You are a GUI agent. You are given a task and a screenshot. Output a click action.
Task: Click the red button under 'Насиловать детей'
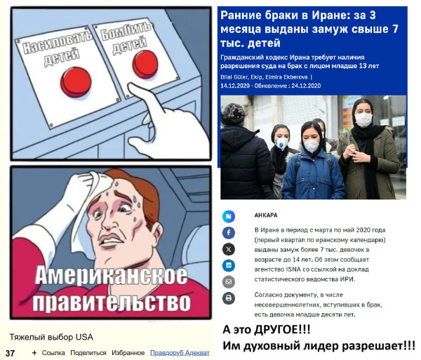76,81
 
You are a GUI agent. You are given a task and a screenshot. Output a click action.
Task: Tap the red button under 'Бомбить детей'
145,64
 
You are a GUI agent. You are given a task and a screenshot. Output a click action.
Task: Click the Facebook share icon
229,232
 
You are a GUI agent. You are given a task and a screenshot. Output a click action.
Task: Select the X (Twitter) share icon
229,249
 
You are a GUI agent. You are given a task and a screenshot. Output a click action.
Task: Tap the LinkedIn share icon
229,265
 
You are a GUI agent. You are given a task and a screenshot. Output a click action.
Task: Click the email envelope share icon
229,282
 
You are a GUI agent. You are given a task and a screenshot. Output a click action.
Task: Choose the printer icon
229,298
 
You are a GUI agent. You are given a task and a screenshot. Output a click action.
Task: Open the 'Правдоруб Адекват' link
180,353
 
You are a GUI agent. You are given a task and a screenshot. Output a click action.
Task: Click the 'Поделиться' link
88,353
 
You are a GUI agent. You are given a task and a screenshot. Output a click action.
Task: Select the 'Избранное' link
128,353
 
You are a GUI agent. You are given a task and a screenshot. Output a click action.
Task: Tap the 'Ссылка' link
53,353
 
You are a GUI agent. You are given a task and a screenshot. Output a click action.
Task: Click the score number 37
11,353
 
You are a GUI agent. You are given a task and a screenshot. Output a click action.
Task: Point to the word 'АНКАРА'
266,215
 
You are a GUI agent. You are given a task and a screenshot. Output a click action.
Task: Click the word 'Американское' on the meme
111,275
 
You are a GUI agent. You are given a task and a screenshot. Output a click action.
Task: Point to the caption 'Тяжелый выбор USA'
51,337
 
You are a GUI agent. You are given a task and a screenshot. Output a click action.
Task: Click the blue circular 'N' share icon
229,216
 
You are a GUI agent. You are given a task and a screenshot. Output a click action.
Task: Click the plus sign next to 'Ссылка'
34,353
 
